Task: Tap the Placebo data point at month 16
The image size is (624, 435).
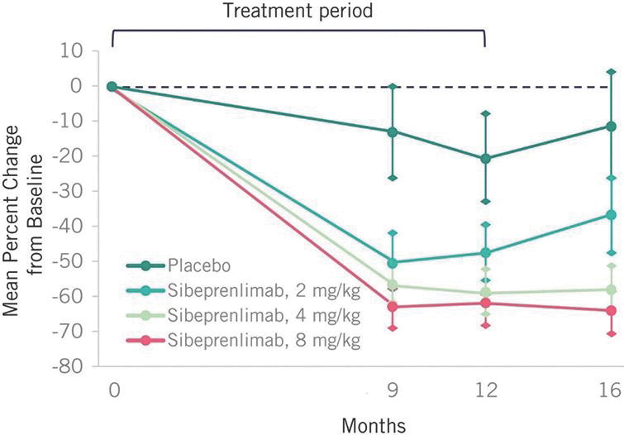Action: (611, 127)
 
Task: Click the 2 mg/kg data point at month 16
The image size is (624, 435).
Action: (611, 214)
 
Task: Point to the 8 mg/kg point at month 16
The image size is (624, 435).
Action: (611, 311)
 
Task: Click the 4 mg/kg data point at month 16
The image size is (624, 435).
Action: (611, 289)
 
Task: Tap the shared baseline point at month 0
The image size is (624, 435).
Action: (112, 86)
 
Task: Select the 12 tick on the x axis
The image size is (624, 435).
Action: (485, 388)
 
